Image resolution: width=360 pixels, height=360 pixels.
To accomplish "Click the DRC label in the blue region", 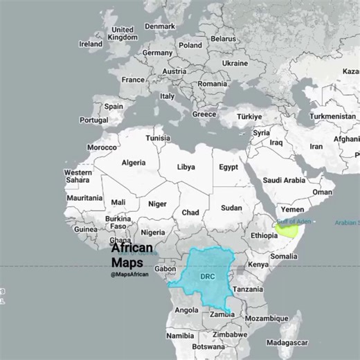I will click(208, 276).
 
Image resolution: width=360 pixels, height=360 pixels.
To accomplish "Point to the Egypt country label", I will click(228, 168).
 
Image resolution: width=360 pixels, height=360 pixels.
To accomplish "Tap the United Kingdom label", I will click(123, 34).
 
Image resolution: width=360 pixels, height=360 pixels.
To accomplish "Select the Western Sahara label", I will click(78, 176).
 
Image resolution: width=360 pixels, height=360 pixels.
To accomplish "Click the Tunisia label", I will click(157, 138).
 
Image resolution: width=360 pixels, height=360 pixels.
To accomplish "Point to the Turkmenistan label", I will click(332, 116).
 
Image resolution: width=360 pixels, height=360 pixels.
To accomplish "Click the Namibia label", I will click(180, 336).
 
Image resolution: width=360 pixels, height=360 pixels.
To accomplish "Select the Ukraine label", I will click(235, 63).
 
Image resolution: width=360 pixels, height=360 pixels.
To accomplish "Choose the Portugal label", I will click(93, 120).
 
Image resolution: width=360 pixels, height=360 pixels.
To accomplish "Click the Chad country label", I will click(190, 213).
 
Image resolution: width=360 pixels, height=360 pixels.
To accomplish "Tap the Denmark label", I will click(160, 26).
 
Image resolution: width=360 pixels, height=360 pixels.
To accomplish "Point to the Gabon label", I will click(165, 269).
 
